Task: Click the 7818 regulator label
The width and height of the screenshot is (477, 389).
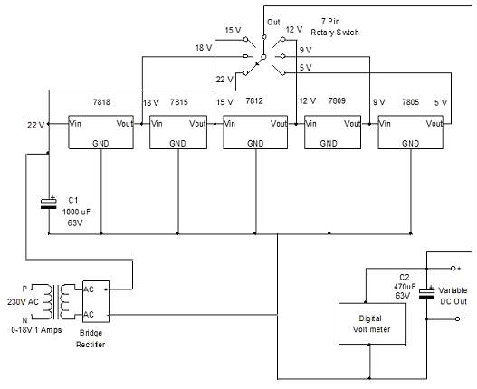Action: pos(101,102)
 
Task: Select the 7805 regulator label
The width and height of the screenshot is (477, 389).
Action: pos(410,102)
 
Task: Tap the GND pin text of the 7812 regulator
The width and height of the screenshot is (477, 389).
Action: pos(255,143)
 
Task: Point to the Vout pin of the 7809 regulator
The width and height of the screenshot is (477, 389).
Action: pos(352,124)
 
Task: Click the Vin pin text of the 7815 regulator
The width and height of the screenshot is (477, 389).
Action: pos(157,124)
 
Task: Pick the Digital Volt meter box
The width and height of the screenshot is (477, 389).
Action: pos(372,324)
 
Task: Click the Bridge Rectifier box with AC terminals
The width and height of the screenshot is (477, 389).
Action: pos(96,301)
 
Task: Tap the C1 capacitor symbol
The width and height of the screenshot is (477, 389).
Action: pos(49,204)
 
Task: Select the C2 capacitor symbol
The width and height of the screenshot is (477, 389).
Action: pos(426,293)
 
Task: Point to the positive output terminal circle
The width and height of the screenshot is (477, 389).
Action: pos(453,269)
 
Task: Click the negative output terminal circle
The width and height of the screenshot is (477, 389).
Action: pos(457,318)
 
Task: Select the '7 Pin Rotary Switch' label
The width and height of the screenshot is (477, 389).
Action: pos(335,27)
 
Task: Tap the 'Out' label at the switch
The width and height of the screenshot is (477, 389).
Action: pos(273,23)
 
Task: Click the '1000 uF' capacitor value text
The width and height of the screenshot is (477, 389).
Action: pos(76,212)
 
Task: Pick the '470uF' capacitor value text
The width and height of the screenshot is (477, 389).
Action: pos(405,286)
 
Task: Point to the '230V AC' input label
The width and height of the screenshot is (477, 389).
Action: pos(24,302)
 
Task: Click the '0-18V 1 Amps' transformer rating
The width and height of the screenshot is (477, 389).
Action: pos(36,330)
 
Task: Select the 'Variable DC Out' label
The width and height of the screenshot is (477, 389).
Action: pos(453,296)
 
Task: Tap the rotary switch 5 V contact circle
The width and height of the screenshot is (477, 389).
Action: pos(283,73)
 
